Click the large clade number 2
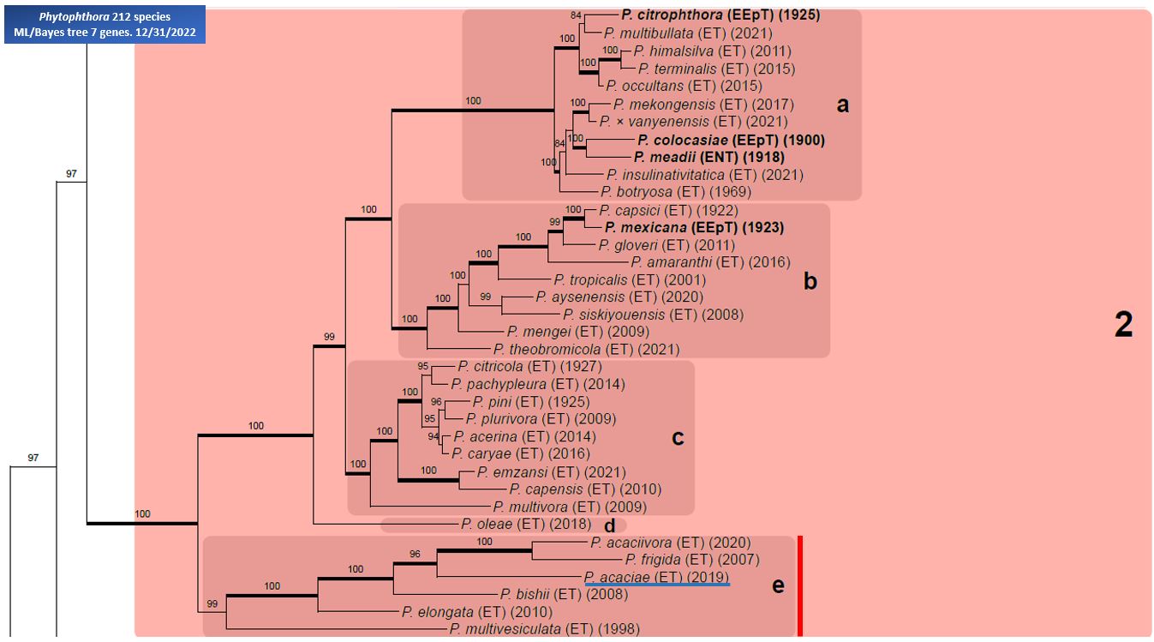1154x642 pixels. point(1123,325)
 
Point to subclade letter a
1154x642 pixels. point(843,105)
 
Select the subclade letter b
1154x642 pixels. point(810,281)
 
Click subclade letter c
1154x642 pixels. point(678,438)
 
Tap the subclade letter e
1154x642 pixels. point(778,585)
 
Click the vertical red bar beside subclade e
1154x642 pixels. point(799,586)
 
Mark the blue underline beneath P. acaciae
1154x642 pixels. point(656,585)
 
